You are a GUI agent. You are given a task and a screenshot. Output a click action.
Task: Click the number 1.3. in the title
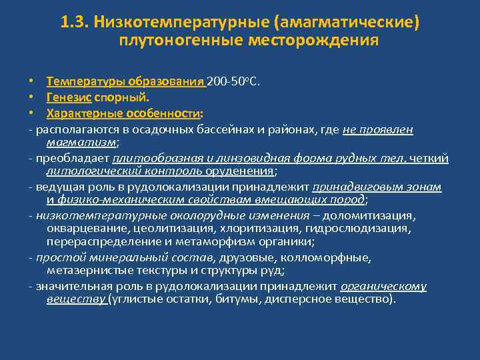pos(75,23)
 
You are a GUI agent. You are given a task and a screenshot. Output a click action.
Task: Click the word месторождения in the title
pos(313,41)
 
